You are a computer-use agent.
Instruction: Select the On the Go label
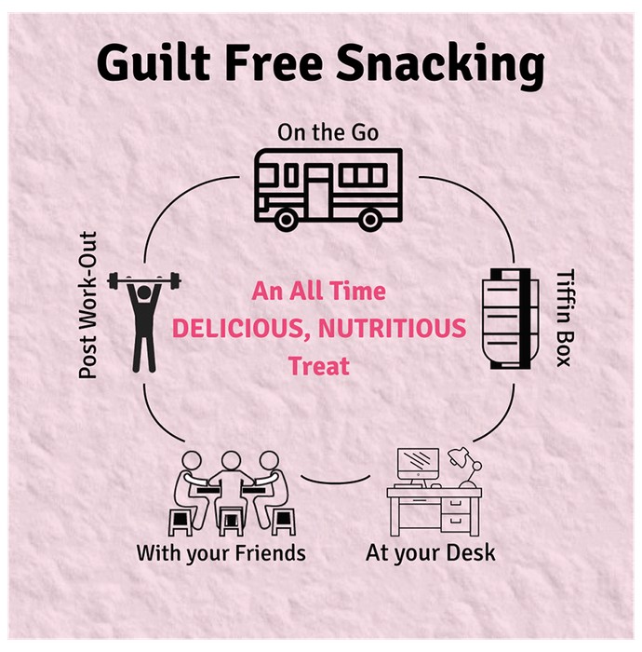click(x=328, y=132)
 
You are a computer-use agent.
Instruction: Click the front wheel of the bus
click(x=286, y=220)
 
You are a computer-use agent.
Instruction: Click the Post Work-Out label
click(x=87, y=305)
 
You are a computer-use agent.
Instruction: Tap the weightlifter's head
click(x=143, y=292)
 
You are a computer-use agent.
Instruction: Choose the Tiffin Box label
click(x=565, y=318)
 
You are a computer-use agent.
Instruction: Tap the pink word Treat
click(x=319, y=366)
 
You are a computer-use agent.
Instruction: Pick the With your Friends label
click(x=221, y=553)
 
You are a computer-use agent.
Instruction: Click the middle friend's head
click(x=231, y=460)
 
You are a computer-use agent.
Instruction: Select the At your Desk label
click(x=430, y=553)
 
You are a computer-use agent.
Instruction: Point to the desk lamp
click(x=467, y=467)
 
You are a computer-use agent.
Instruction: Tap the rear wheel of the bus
click(x=370, y=220)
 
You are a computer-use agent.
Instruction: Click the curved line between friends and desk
click(x=336, y=482)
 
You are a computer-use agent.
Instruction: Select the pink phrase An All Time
click(x=318, y=291)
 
